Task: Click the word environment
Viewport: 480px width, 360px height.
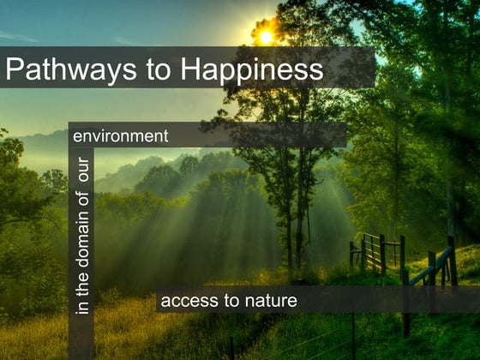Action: [121, 135]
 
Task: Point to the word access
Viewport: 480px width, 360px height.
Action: [188, 300]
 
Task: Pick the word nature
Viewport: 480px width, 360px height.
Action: [269, 300]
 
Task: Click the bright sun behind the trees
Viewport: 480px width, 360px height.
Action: [267, 37]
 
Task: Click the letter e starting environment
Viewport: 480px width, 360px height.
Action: [78, 136]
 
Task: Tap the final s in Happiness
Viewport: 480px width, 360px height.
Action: [316, 70]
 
